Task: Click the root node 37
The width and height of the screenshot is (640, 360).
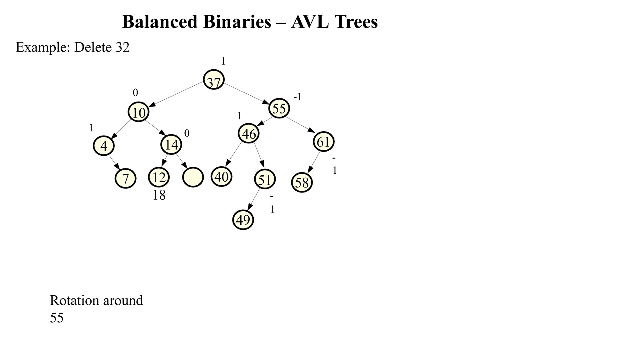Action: [214, 80]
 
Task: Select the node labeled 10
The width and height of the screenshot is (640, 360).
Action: [138, 112]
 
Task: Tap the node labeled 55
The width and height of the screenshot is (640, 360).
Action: [279, 108]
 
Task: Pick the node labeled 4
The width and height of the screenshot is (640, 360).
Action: [104, 146]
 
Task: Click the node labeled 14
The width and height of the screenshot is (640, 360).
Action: [171, 144]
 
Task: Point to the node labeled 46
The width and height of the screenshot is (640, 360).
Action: [249, 133]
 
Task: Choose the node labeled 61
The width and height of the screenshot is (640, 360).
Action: [323, 142]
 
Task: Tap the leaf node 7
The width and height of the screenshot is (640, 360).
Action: [125, 178]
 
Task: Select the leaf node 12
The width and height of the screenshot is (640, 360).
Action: [159, 177]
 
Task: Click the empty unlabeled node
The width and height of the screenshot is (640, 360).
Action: [193, 177]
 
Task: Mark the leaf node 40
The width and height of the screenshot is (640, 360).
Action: [222, 177]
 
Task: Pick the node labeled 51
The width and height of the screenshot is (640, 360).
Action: [265, 179]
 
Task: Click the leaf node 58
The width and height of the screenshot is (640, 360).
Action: [302, 182]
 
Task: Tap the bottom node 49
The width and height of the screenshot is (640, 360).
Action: [243, 220]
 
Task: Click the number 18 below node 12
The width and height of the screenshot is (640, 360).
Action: [159, 195]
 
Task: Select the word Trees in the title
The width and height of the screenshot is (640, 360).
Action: [356, 22]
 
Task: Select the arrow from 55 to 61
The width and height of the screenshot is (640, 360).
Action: [300, 124]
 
